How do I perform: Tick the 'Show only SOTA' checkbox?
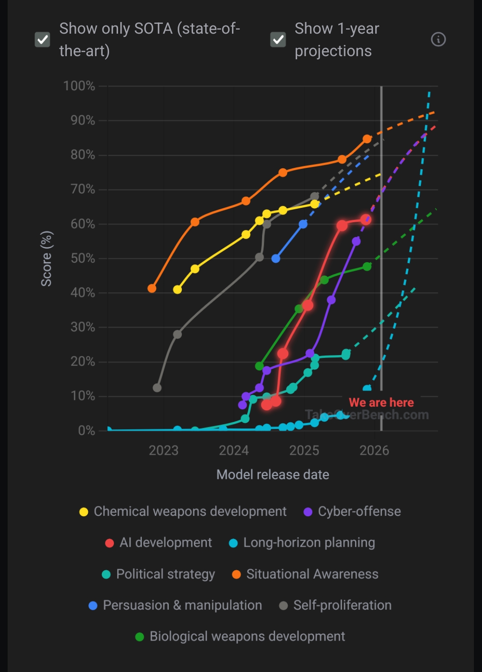pyautogui.click(x=43, y=40)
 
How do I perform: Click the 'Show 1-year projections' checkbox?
pyautogui.click(x=278, y=40)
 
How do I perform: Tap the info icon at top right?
pyautogui.click(x=438, y=40)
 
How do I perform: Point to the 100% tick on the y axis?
pyautogui.click(x=79, y=86)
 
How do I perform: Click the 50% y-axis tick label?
pyautogui.click(x=83, y=258)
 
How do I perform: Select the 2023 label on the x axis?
pyautogui.click(x=163, y=450)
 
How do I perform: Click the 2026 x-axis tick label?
pyautogui.click(x=374, y=450)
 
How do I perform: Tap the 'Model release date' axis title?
pyautogui.click(x=272, y=474)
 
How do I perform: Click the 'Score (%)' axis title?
pyautogui.click(x=47, y=259)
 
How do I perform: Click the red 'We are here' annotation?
pyautogui.click(x=381, y=402)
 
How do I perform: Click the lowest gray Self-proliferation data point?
pyautogui.click(x=157, y=387)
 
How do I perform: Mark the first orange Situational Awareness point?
pyautogui.click(x=152, y=288)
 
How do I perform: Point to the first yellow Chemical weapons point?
pyautogui.click(x=177, y=290)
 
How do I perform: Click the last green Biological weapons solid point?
pyautogui.click(x=367, y=267)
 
